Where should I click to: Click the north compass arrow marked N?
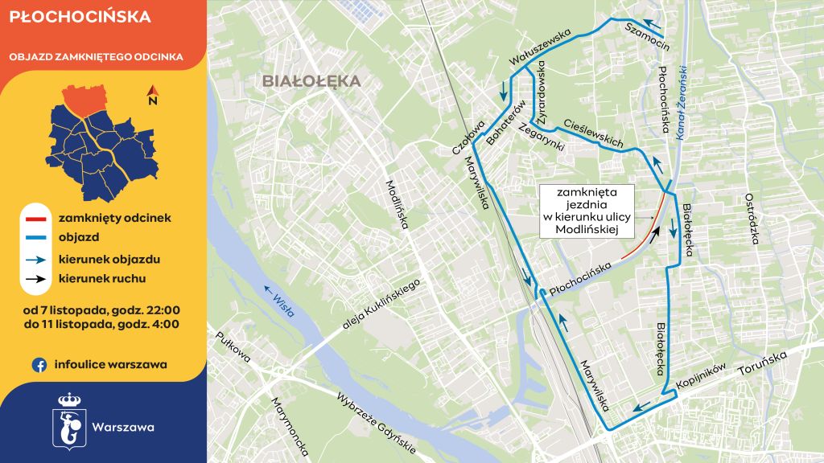152,96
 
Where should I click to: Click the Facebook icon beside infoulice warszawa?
38,365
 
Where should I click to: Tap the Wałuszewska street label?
539,48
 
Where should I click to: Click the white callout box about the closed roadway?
586,211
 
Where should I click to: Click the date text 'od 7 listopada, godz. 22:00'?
102,309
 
